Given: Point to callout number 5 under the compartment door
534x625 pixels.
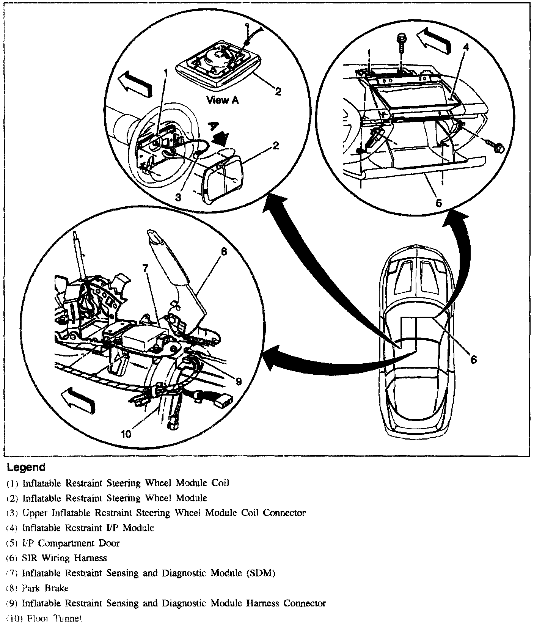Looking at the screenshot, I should tap(438, 203).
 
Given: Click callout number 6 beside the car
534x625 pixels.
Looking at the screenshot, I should tap(473, 359).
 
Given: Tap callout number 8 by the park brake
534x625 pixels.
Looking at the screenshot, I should tap(224, 252).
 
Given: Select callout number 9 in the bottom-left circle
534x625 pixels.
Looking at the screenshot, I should tap(238, 382).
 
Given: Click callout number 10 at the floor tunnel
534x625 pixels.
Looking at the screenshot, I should tap(126, 434).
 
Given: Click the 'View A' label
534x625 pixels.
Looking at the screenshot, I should tap(223, 101).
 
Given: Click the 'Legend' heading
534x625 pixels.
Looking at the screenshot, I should tap(26, 467).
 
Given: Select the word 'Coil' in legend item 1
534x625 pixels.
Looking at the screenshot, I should tap(220, 483).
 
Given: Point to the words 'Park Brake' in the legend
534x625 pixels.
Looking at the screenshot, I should tap(46, 588).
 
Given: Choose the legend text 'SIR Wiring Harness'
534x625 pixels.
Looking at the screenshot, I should tap(65, 558).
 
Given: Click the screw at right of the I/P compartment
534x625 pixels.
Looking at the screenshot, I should tap(495, 147).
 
